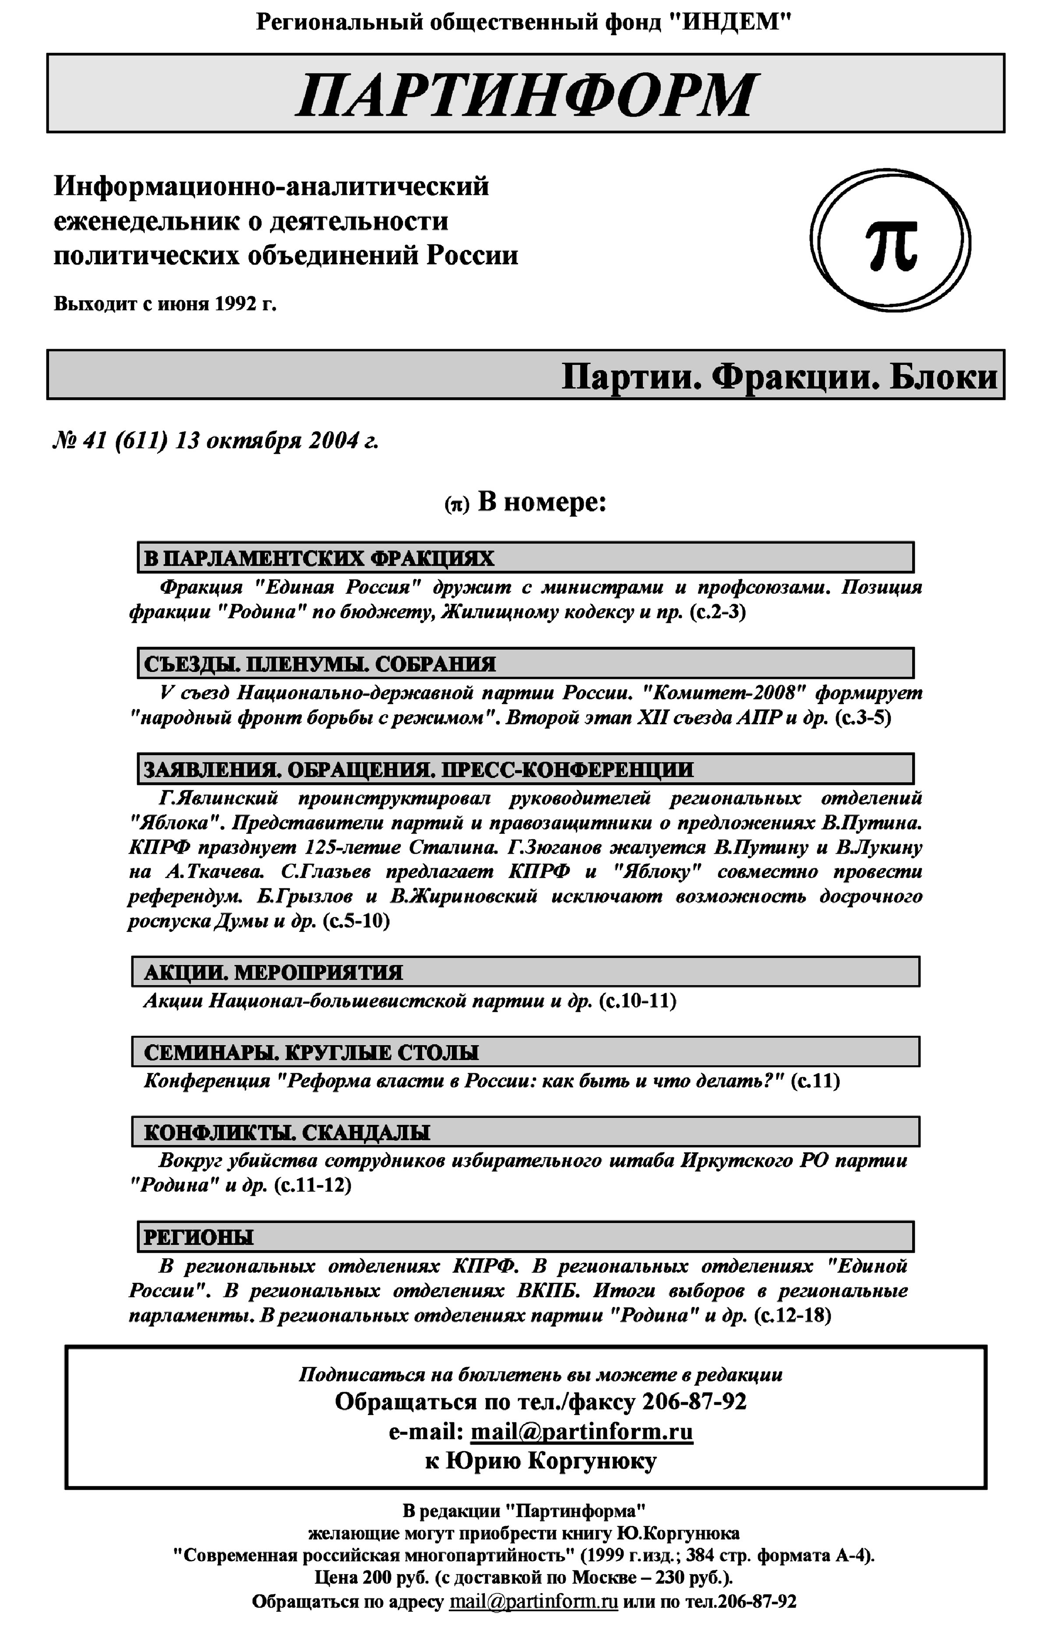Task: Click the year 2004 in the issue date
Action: tap(333, 441)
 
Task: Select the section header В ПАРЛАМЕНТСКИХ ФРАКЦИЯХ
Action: tap(319, 558)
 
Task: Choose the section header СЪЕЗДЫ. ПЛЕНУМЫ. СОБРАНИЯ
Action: tap(319, 664)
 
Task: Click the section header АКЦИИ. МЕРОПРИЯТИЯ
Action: tap(273, 972)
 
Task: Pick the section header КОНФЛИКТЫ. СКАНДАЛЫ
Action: tap(287, 1132)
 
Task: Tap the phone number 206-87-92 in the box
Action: tap(693, 1401)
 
